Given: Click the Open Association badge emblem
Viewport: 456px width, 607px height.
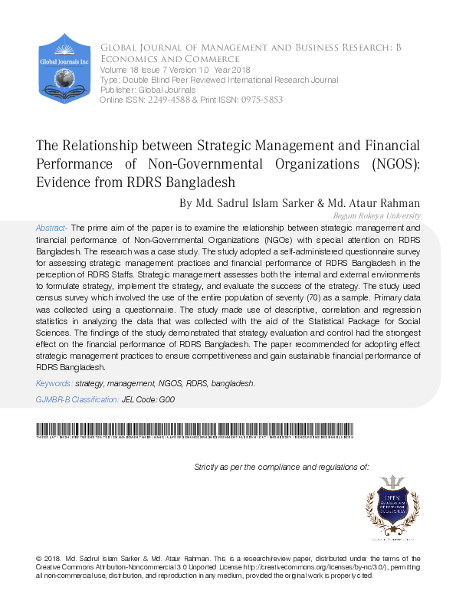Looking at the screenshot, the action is [x=393, y=504].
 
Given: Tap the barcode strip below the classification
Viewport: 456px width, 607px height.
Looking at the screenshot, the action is [x=195, y=430].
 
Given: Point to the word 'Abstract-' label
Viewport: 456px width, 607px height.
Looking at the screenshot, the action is [x=52, y=228].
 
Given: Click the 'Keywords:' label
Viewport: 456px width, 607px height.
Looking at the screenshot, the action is [x=54, y=383].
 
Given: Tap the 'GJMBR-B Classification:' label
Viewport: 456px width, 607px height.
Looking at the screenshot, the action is [x=77, y=400].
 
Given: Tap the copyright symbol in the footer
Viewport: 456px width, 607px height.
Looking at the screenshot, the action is [x=40, y=559].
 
